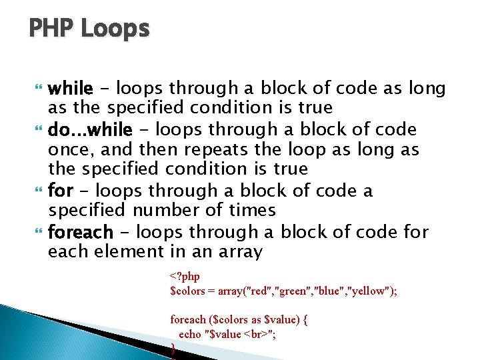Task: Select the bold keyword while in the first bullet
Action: tap(71, 88)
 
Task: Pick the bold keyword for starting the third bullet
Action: tap(61, 191)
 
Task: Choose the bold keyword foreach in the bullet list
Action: tap(81, 233)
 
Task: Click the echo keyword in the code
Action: tap(189, 334)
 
